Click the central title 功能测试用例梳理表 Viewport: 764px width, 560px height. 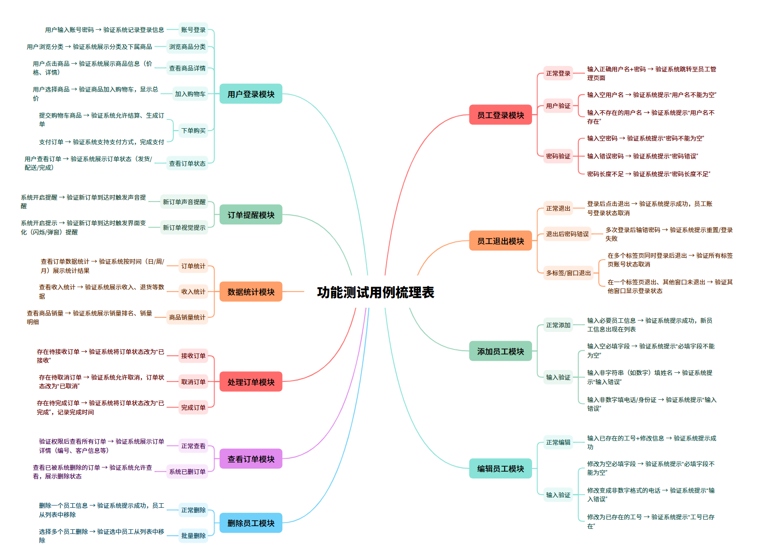click(375, 292)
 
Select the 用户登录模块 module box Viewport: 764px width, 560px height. click(251, 94)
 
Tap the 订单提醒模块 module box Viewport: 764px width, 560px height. click(251, 215)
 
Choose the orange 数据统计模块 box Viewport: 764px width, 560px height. click(251, 292)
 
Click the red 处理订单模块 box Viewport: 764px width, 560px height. click(251, 382)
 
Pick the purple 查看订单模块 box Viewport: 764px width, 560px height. click(251, 459)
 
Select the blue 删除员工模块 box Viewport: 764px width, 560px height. click(251, 523)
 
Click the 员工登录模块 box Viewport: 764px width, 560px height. click(500, 115)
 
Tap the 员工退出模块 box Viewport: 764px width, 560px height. click(500, 241)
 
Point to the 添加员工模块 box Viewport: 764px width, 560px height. click(500, 351)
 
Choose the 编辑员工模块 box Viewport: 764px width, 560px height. click(500, 468)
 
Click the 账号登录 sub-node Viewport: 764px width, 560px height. click(193, 30)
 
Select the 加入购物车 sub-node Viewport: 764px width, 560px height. click(190, 94)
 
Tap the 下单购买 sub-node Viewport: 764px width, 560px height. click(193, 130)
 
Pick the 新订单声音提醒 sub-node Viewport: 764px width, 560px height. click(184, 201)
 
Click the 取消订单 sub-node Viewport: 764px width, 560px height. click(193, 381)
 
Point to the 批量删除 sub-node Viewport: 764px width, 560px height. click(193, 535)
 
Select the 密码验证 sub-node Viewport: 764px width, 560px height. click(558, 156)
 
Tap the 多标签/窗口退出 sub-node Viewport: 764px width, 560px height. click(568, 273)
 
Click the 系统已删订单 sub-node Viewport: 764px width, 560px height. click(187, 471)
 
